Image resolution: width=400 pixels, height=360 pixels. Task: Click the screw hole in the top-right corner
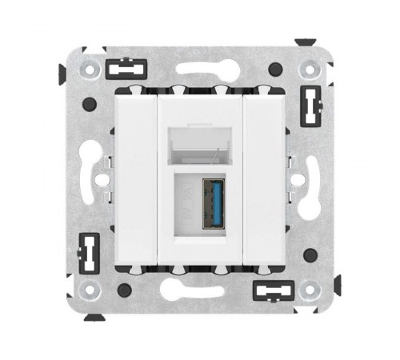(x=309, y=70)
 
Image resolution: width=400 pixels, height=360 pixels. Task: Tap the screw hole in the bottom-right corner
(x=309, y=290)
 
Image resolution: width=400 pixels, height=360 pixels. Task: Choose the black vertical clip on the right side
(x=310, y=104)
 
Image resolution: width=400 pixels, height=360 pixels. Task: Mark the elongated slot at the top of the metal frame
(x=199, y=70)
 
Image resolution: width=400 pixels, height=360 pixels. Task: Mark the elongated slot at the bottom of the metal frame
(x=199, y=290)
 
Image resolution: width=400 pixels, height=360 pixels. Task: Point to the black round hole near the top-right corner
(x=274, y=69)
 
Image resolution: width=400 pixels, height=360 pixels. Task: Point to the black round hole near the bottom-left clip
(x=122, y=290)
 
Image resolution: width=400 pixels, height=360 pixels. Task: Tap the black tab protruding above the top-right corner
(x=305, y=41)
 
